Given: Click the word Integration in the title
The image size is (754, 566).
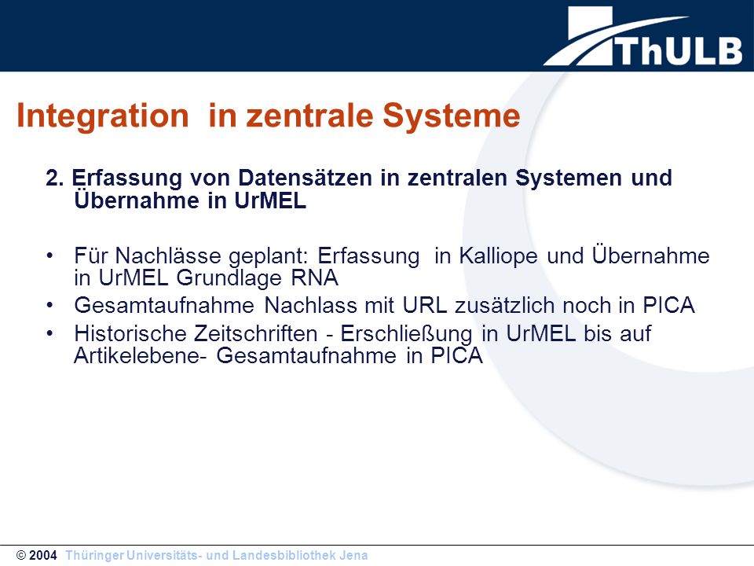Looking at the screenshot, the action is (x=103, y=116).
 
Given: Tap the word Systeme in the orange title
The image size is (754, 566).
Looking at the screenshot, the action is (x=452, y=116).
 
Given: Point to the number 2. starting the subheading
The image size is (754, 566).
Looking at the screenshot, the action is (x=55, y=178).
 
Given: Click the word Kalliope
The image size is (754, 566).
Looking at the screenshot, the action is (x=498, y=255).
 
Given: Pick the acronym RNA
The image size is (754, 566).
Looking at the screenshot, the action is (x=314, y=277).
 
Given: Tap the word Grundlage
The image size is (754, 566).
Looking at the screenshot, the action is (x=229, y=278).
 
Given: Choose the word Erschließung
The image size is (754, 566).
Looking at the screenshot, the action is (x=406, y=334).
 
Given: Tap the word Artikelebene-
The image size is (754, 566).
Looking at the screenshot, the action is (x=141, y=355).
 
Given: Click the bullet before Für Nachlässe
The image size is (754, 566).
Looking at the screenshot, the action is (x=50, y=255).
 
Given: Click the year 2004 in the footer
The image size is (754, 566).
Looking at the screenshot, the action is (x=42, y=556).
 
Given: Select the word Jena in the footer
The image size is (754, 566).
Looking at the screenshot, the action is (x=353, y=556).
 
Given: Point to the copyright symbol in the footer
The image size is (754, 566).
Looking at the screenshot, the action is (x=21, y=556).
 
